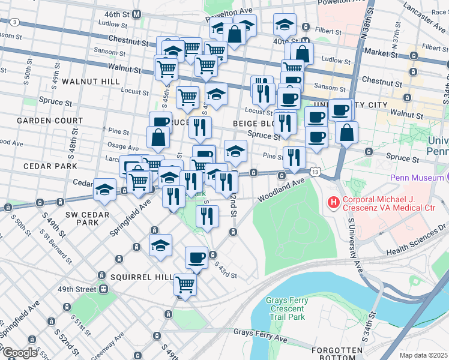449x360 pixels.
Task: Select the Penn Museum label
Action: pyautogui.click(x=416, y=178)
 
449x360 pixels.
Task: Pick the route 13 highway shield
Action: pyautogui.click(x=315, y=173)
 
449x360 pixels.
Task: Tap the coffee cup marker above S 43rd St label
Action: pyautogui.click(x=196, y=258)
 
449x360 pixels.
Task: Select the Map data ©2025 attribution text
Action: pyautogui.click(x=424, y=355)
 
